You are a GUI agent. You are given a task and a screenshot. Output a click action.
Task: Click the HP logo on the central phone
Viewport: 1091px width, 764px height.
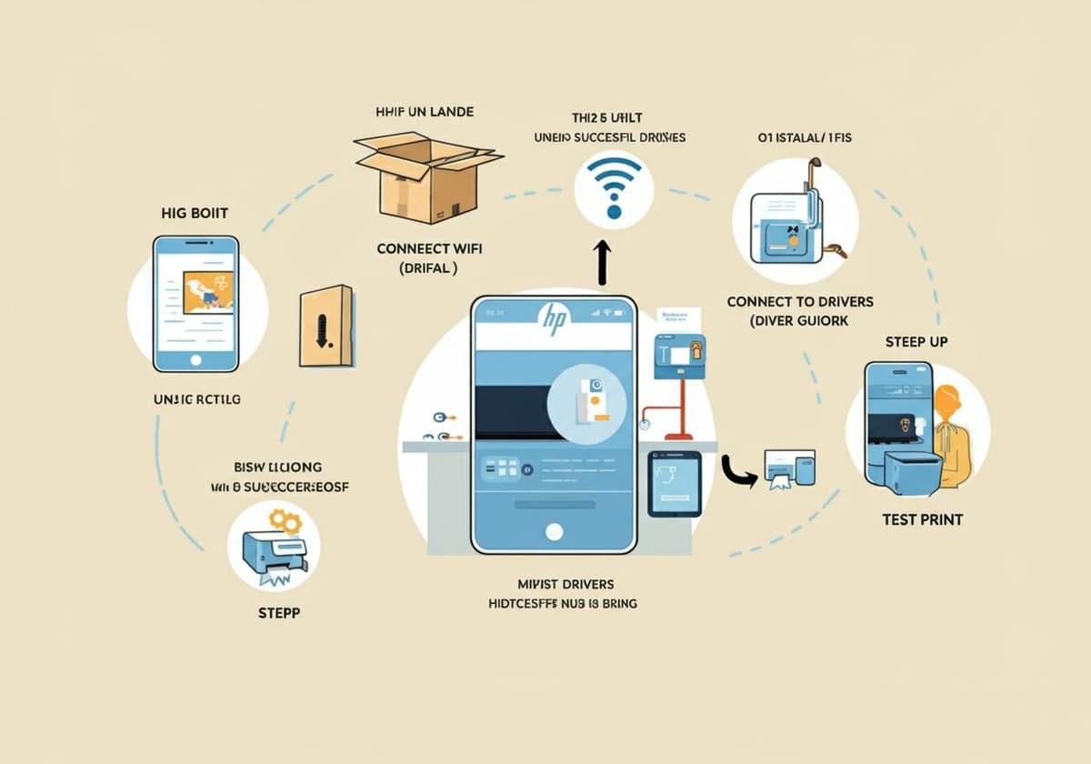[553, 317]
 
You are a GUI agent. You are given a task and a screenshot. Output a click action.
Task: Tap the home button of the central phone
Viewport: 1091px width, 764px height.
[553, 531]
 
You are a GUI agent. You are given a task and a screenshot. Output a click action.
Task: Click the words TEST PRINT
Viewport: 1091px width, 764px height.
[922, 520]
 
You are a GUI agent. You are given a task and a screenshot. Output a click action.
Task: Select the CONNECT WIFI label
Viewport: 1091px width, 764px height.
[429, 247]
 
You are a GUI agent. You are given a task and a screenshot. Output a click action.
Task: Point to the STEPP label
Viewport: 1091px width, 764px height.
[279, 612]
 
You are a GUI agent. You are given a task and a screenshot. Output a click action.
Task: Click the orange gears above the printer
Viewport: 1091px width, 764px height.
[285, 521]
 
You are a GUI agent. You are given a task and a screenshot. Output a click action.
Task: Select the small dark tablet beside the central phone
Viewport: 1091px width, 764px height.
[674, 483]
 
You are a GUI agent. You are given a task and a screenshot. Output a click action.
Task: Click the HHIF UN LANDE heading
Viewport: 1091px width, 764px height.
[425, 112]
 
